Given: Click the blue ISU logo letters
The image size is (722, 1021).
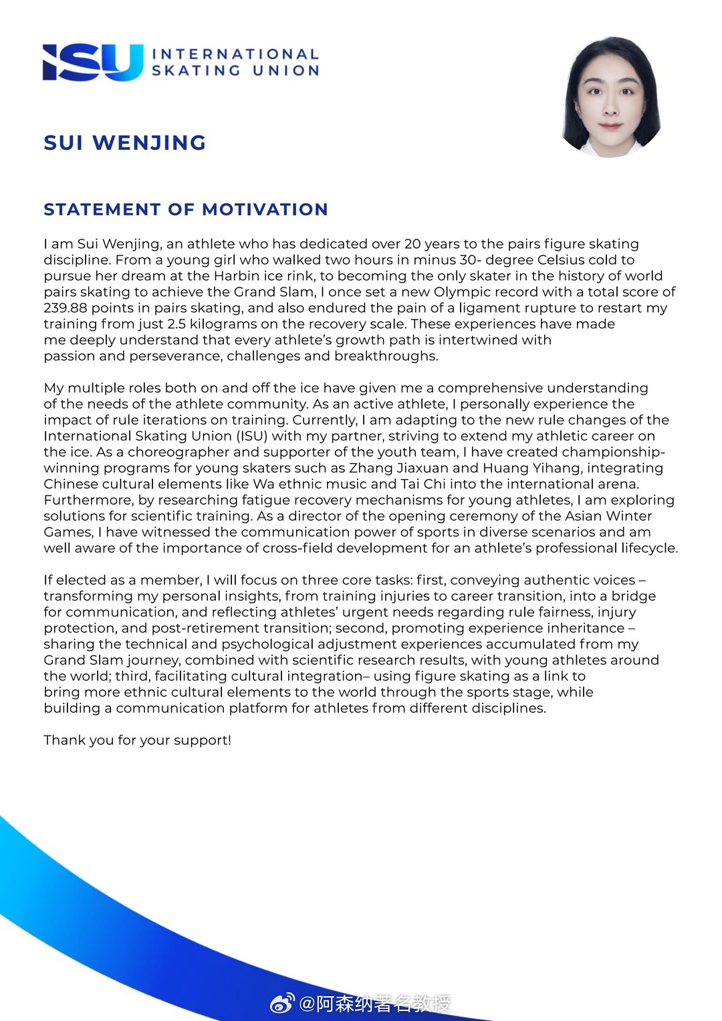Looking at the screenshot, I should click(x=93, y=62).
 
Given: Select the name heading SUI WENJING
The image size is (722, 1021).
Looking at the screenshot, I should click(x=125, y=142).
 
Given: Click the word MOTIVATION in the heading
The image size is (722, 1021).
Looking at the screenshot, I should click(x=265, y=209).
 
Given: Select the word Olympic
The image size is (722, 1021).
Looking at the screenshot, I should click(x=461, y=292).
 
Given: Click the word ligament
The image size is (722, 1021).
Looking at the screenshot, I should click(x=487, y=308).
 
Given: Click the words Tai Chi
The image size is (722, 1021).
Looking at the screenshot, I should click(x=423, y=484).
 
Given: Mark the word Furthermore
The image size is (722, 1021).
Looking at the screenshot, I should click(x=89, y=500).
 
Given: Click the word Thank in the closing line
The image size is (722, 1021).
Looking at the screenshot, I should click(x=63, y=740).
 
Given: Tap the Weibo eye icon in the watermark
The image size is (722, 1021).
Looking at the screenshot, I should click(x=282, y=1004).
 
